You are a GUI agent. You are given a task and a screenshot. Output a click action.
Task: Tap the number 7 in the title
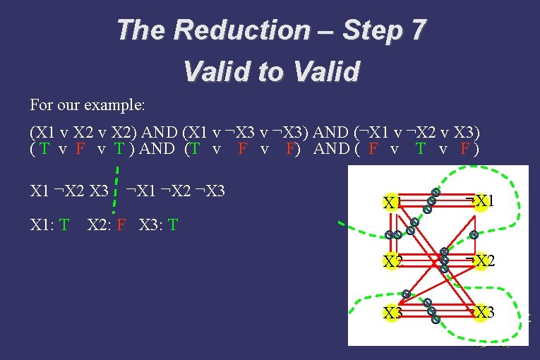click(416, 30)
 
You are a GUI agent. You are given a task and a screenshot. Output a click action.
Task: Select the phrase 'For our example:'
click(88, 105)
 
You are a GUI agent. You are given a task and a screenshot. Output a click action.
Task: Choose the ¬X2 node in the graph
click(480, 260)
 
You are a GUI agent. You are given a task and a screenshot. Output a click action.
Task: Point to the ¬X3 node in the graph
click(480, 312)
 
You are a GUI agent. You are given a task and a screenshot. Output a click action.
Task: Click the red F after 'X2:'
click(121, 225)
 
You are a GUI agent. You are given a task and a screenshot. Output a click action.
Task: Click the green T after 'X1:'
click(64, 225)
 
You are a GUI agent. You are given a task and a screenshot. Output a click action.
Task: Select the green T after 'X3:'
click(173, 225)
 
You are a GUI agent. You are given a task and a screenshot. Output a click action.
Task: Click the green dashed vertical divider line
click(114, 187)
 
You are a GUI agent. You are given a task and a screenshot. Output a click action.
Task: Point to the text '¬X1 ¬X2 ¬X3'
click(174, 190)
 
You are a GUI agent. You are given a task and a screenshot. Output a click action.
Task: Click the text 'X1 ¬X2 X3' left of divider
click(69, 190)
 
